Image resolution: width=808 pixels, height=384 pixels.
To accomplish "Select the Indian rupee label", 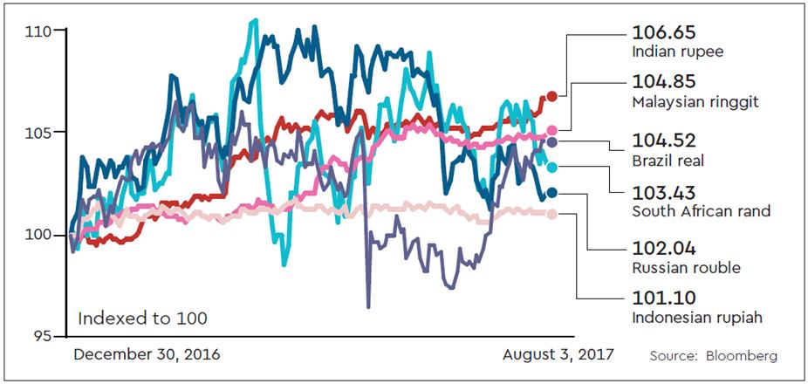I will click(678, 51).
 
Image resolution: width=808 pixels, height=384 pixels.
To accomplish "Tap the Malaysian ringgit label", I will click(695, 102).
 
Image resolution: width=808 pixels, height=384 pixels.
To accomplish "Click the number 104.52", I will click(663, 141).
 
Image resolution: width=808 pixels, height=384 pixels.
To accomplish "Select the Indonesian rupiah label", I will click(697, 318).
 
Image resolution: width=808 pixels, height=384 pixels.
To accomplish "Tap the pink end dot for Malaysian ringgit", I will click(551, 131).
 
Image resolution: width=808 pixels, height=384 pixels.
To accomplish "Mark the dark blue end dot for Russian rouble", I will click(551, 193).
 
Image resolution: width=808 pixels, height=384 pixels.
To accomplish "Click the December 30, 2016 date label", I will click(147, 355).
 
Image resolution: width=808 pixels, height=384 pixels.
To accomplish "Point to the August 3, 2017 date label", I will click(558, 355).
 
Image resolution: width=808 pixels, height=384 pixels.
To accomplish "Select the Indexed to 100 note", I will click(142, 319).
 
